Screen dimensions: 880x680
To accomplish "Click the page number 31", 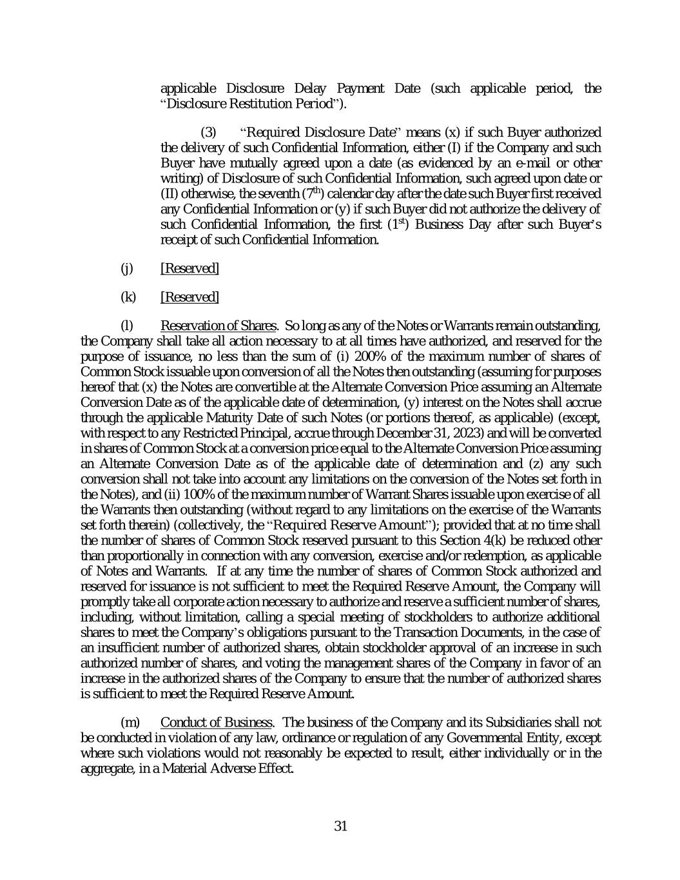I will click(341, 826).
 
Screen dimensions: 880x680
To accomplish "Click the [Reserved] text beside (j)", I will click(189, 268).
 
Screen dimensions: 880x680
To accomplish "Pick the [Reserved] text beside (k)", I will click(189, 297).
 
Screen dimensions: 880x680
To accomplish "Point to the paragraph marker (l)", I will click(128, 325).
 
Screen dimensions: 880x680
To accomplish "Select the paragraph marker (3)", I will click(209, 132).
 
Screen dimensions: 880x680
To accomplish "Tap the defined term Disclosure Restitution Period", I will click(251, 103).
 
